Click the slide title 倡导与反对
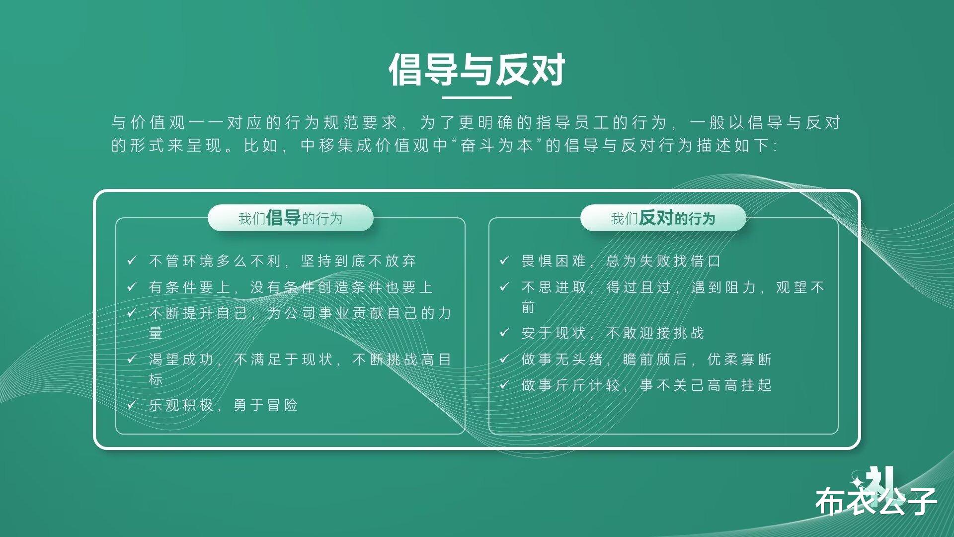point(477,70)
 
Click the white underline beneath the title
point(477,97)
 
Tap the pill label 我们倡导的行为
point(290,218)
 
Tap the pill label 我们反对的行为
point(663,218)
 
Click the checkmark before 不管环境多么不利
point(132,260)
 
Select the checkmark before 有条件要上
point(132,286)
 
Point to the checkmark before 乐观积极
point(132,404)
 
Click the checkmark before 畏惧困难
point(504,260)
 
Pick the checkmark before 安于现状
point(504,332)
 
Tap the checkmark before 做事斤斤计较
point(504,384)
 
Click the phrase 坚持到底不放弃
point(359,261)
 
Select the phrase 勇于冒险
point(266,405)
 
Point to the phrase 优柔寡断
point(739,359)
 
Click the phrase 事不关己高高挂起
point(706,385)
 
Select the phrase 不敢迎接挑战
point(655,333)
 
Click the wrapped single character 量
point(156,333)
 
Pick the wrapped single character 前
point(528,307)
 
